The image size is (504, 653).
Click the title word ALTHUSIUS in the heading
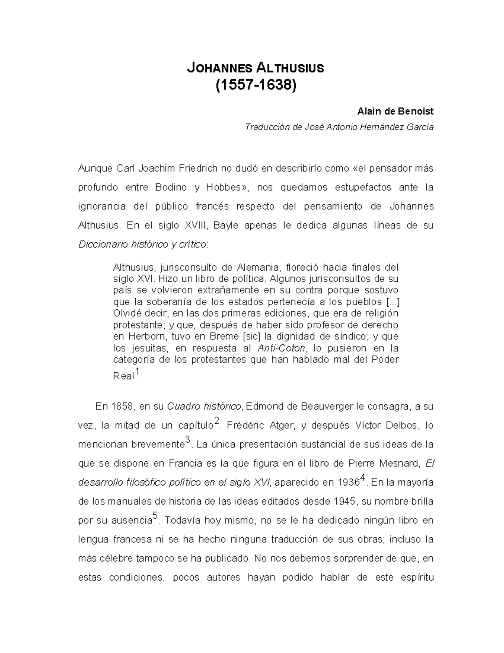[x=290, y=68]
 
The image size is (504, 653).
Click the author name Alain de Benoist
[x=395, y=111]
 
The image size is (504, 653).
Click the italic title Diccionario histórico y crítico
[x=142, y=244]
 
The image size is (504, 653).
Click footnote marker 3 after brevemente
[x=188, y=440]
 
